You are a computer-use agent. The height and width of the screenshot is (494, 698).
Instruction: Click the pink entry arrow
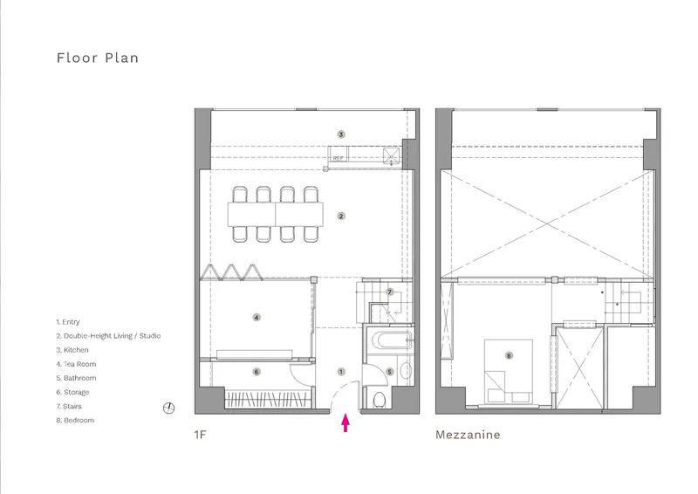click(346, 423)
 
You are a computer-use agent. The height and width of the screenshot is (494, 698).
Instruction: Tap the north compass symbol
click(168, 408)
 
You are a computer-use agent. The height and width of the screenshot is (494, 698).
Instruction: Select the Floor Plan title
click(98, 58)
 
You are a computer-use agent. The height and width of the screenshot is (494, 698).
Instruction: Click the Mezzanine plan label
click(468, 435)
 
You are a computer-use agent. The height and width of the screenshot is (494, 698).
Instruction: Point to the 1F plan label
click(201, 435)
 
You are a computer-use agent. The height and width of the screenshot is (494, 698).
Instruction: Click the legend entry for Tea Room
click(76, 364)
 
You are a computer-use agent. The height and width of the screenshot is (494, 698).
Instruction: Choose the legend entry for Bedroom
click(75, 420)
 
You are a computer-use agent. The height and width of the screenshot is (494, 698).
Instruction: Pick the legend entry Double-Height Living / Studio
click(108, 336)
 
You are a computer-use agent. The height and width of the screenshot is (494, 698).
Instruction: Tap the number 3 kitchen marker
click(341, 134)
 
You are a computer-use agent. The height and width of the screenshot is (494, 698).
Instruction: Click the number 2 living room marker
click(341, 216)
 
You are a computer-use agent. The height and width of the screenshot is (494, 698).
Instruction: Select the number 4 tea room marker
click(257, 318)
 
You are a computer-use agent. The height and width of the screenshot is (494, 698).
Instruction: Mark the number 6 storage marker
click(257, 372)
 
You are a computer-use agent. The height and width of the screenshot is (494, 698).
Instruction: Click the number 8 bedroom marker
click(509, 355)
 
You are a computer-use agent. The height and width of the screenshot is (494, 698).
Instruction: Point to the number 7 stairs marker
click(390, 292)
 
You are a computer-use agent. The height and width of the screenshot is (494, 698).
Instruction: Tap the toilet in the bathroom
click(380, 400)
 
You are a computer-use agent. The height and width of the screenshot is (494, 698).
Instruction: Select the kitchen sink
click(392, 156)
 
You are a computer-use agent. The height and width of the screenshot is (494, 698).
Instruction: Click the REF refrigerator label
click(339, 158)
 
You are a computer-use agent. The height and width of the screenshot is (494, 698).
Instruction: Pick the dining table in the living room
click(276, 214)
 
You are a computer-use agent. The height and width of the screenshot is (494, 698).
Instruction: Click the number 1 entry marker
click(341, 372)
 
